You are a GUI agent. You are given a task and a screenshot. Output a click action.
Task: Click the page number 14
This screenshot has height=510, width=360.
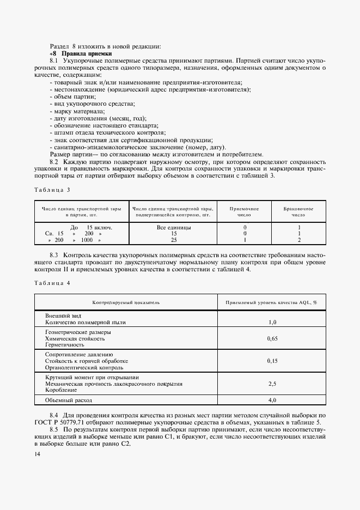36,454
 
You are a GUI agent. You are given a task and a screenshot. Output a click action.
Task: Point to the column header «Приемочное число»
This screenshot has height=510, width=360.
244,211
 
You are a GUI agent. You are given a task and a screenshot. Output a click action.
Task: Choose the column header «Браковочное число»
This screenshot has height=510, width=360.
298,211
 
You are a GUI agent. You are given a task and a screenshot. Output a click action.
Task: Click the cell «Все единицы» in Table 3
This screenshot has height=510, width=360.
173,227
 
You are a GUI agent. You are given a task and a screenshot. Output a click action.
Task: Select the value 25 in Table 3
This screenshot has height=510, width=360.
174,239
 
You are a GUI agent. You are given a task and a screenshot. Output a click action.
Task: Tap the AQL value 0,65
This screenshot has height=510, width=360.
273,338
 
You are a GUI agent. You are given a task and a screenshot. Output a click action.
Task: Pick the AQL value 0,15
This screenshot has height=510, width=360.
273,361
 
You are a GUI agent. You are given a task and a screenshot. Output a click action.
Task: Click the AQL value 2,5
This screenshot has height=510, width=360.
273,384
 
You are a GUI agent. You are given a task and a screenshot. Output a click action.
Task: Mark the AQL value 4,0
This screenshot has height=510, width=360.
273,400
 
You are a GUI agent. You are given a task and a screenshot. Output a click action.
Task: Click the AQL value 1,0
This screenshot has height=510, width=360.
273,322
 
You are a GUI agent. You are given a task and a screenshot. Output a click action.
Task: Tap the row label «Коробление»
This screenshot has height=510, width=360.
62,390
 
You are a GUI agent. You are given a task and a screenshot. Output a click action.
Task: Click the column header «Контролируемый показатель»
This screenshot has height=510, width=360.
126,301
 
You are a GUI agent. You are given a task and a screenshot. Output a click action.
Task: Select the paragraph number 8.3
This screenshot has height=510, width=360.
54,254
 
